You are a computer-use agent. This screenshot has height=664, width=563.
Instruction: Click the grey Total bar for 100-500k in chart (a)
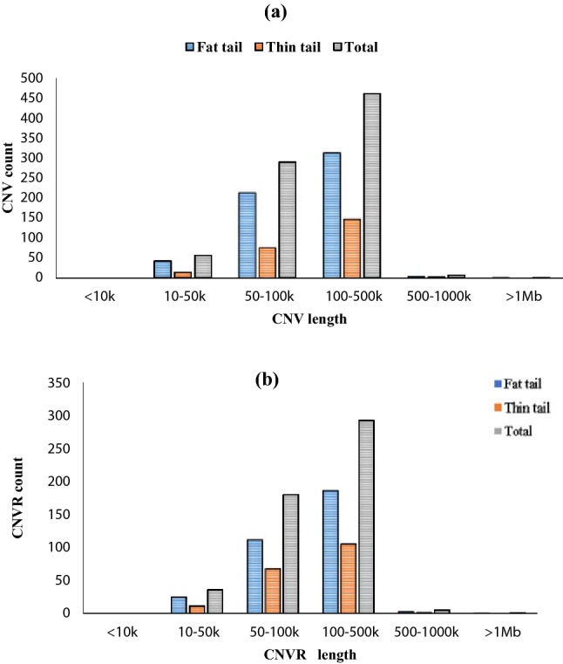(x=371, y=185)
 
